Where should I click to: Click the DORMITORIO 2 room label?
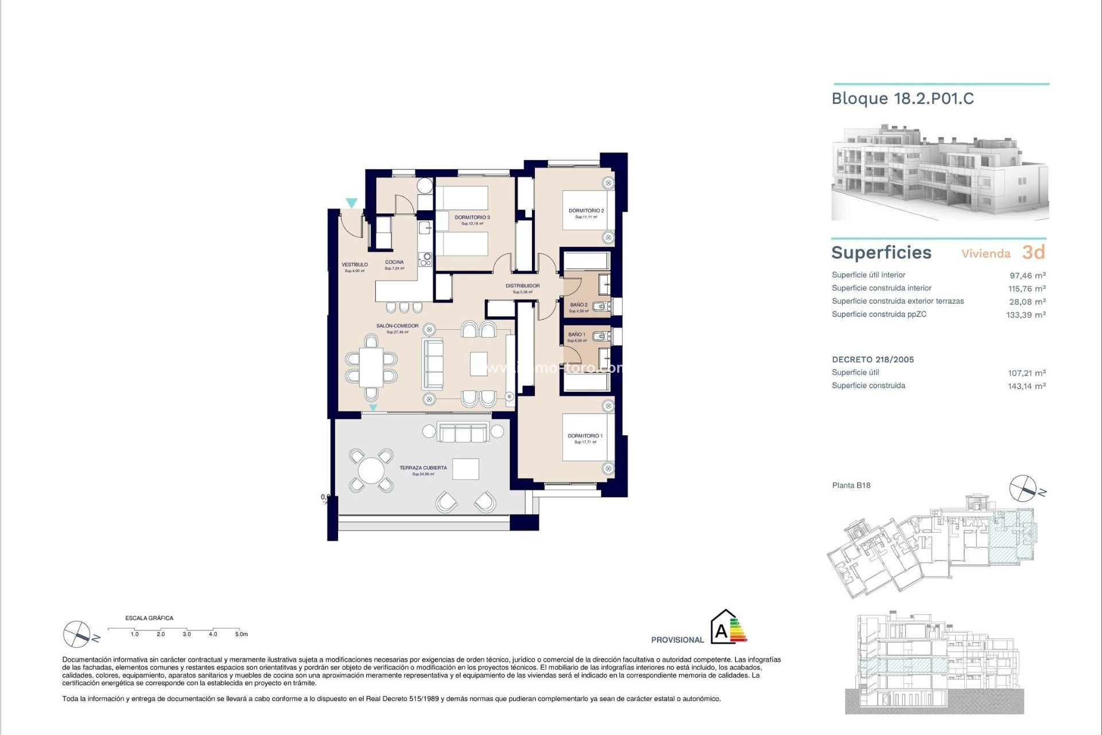(x=586, y=211)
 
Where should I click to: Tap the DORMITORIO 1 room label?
(x=585, y=436)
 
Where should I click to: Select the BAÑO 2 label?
(x=579, y=305)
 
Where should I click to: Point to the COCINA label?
(x=394, y=262)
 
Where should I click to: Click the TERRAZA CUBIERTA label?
(x=423, y=468)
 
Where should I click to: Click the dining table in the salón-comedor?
(x=371, y=367)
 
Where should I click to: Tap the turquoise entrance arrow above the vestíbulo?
(x=351, y=203)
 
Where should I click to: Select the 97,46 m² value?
(x=1027, y=276)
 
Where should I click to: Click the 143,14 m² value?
(x=1027, y=386)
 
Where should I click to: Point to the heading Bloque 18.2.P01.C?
(x=902, y=99)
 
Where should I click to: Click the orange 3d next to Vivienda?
(x=1033, y=252)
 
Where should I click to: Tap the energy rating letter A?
(x=721, y=632)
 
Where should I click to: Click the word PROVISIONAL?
(x=677, y=640)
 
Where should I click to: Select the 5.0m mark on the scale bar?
(x=241, y=635)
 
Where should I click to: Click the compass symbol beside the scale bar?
(x=77, y=634)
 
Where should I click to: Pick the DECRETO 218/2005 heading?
(x=872, y=360)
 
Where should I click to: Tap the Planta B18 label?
(x=851, y=485)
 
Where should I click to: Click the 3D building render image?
(x=940, y=172)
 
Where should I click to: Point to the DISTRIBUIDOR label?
(x=522, y=286)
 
